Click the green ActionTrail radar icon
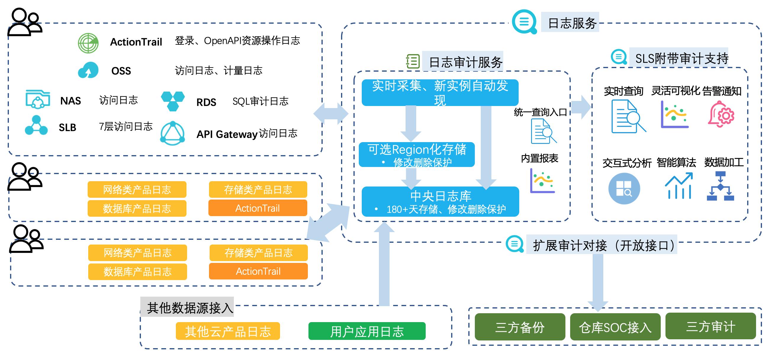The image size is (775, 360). click(x=88, y=43)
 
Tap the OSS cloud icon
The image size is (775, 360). click(x=88, y=70)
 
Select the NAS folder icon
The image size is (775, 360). click(x=38, y=99)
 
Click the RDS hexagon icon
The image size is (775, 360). click(x=173, y=101)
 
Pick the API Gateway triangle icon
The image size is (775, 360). click(x=172, y=133)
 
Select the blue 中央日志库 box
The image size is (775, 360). click(x=440, y=201)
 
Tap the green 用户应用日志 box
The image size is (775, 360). click(x=367, y=331)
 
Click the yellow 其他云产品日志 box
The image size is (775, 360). click(x=228, y=331)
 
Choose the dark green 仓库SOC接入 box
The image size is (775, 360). click(x=615, y=327)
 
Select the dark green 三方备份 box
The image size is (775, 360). click(x=520, y=327)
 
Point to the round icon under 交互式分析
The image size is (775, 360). click(x=624, y=189)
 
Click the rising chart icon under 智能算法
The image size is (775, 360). click(x=679, y=186)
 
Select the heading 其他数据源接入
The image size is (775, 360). click(x=190, y=308)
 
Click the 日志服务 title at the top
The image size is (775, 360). click(x=572, y=23)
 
